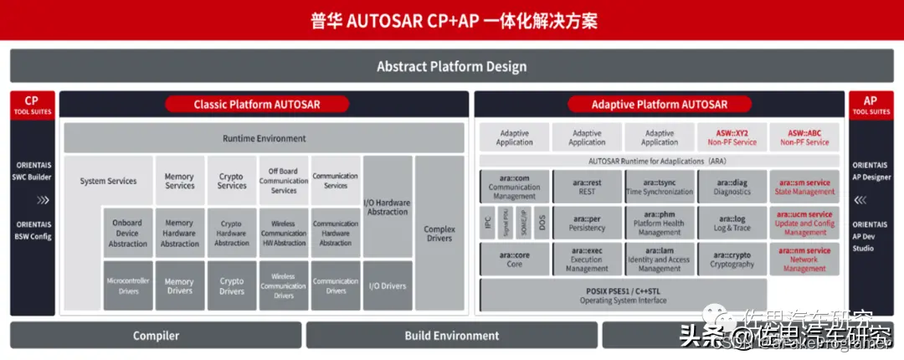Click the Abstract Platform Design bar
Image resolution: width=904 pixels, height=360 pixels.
click(x=451, y=66)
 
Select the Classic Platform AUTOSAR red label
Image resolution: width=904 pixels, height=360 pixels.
click(x=257, y=105)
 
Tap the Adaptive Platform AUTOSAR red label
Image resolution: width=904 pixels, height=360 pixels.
click(x=659, y=105)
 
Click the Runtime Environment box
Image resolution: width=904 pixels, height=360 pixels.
click(x=264, y=138)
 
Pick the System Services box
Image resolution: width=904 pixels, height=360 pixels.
click(x=109, y=181)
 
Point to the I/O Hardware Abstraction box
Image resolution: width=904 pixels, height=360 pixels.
click(x=388, y=207)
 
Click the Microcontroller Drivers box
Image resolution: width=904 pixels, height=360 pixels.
click(x=128, y=286)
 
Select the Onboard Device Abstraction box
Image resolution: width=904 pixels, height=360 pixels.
click(x=128, y=233)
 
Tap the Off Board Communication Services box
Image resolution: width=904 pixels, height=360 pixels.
click(x=284, y=180)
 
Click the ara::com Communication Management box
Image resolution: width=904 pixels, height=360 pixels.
click(x=515, y=187)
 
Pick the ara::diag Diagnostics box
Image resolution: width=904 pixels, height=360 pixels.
click(x=732, y=187)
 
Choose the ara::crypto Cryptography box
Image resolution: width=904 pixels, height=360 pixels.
click(x=732, y=259)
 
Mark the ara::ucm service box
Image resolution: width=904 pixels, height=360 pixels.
click(x=804, y=224)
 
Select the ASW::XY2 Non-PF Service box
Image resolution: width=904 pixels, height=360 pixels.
click(x=732, y=137)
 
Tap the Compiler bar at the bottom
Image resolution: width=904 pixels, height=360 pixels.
click(x=156, y=336)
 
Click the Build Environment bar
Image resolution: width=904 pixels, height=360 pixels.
click(x=451, y=336)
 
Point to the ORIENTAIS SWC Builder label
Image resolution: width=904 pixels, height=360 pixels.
click(x=31, y=171)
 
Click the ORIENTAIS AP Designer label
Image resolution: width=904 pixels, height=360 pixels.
click(x=871, y=171)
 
